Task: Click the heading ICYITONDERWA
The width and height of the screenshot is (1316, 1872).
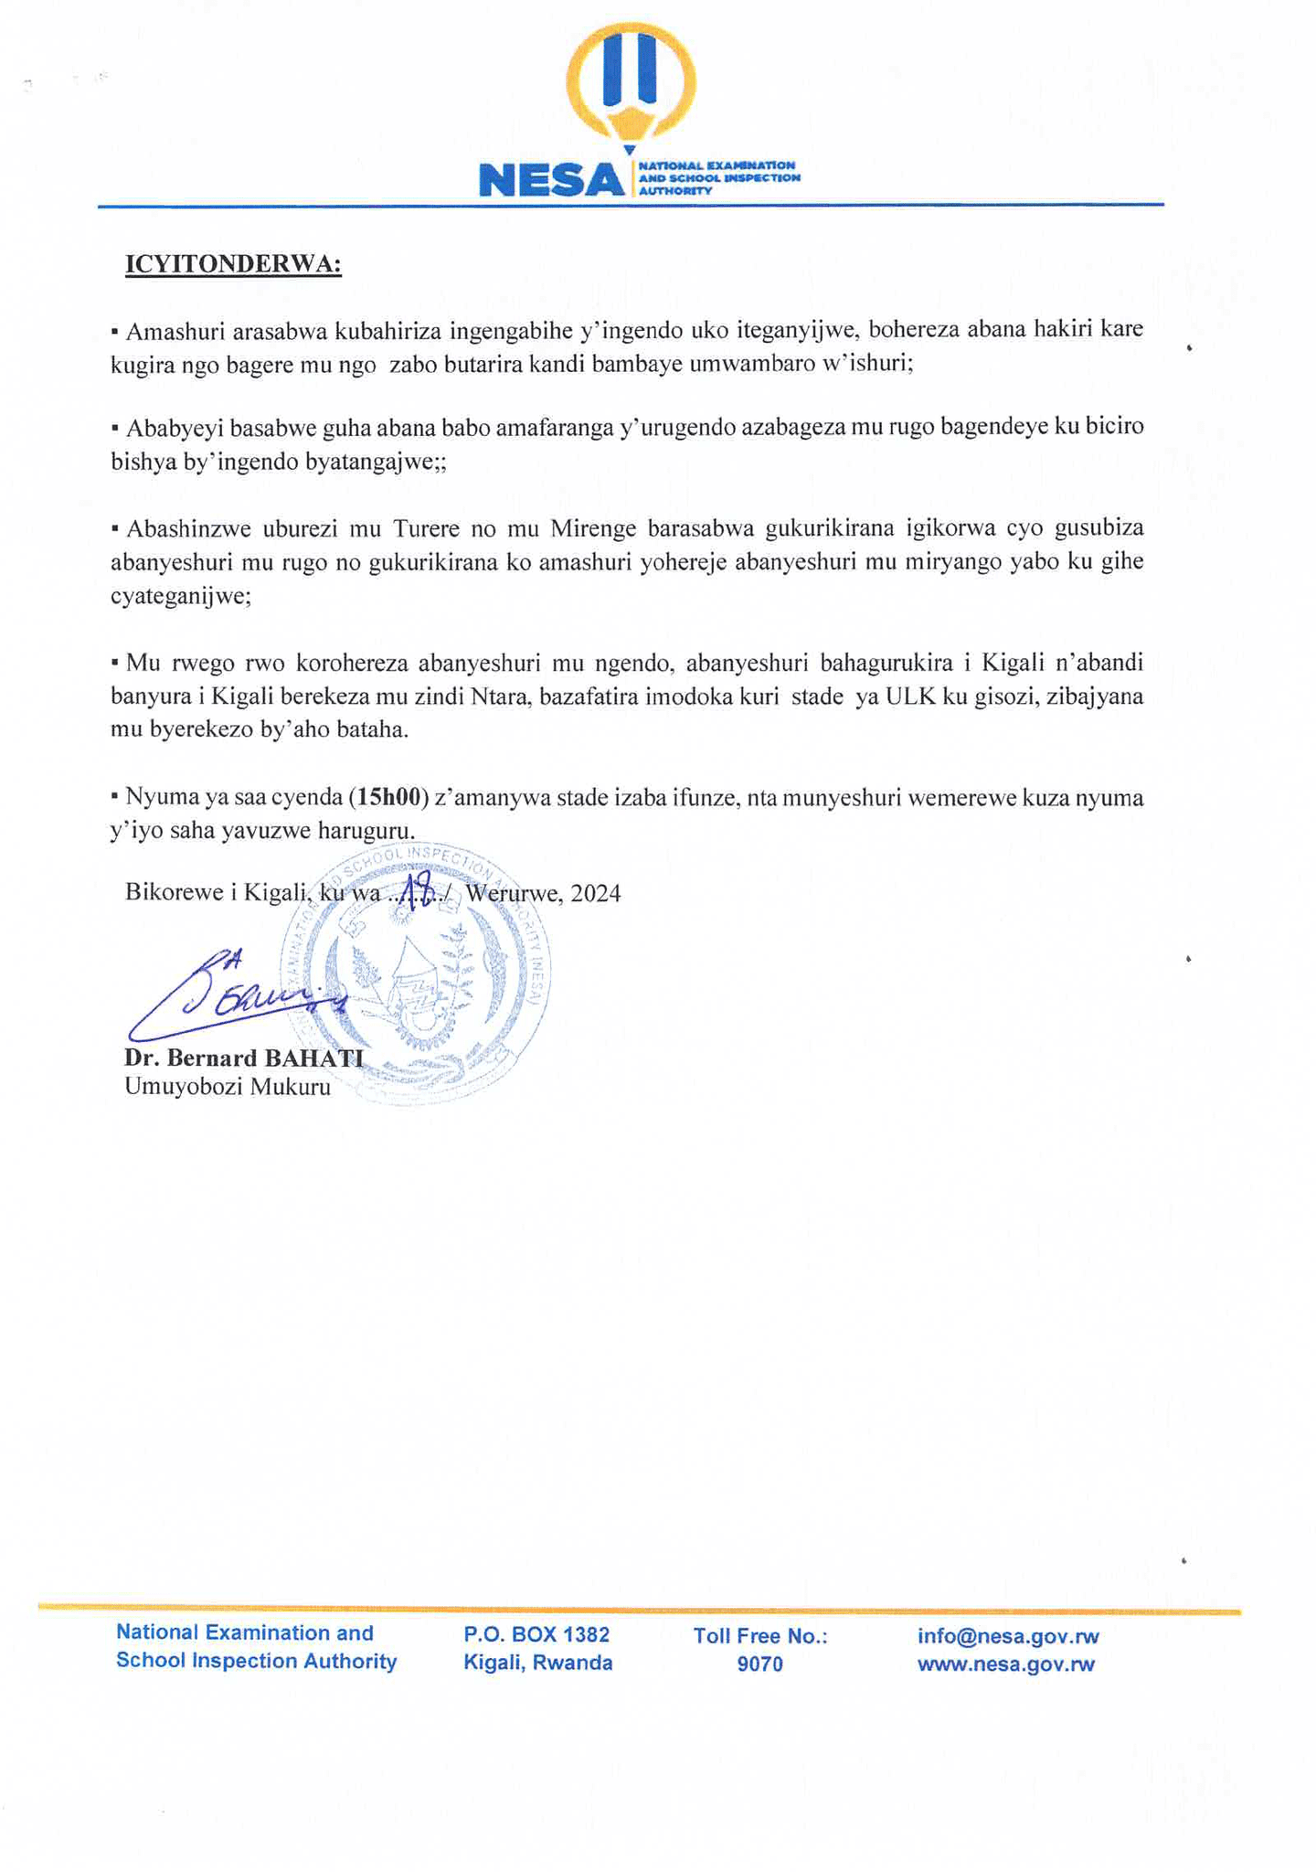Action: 233,264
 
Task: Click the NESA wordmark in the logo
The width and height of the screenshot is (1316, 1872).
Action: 551,179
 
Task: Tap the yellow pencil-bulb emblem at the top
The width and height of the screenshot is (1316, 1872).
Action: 631,82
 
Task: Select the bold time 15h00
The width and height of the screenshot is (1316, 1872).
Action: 393,797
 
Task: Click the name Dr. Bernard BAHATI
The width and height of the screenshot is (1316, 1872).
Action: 244,1058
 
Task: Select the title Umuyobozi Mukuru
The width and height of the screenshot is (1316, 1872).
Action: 228,1088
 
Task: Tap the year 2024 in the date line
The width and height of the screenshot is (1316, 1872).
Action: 596,893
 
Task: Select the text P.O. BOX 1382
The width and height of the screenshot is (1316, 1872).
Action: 536,1634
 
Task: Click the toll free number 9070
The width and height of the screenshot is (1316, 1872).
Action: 760,1665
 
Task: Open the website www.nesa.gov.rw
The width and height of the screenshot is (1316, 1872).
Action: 1005,1665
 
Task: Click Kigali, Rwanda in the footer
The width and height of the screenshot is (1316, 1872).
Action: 537,1663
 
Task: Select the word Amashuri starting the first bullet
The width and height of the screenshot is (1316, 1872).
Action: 166,330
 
